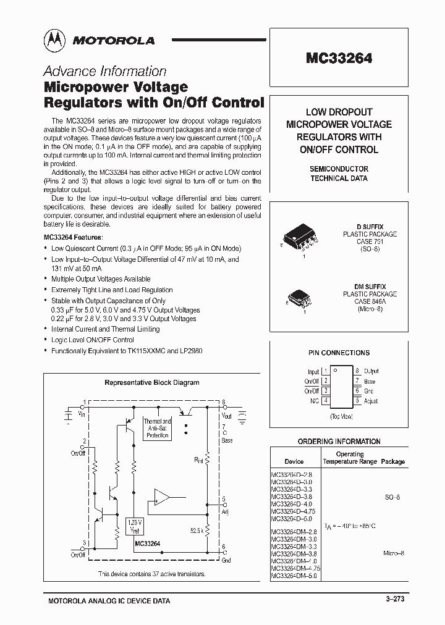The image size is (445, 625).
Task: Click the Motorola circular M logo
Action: pyautogui.click(x=54, y=40)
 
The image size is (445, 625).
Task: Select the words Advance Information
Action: pyautogui.click(x=104, y=71)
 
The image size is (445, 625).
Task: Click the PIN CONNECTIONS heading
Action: pyautogui.click(x=339, y=353)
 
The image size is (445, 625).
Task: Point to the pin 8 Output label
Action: pyautogui.click(x=371, y=371)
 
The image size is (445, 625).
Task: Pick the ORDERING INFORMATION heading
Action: pyautogui.click(x=339, y=442)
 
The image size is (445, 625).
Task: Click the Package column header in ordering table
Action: pyautogui.click(x=392, y=461)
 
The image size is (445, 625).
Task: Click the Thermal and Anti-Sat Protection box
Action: pyautogui.click(x=158, y=428)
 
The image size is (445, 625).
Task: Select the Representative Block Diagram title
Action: pyautogui.click(x=151, y=382)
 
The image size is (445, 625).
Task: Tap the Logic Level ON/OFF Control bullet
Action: pyautogui.click(x=93, y=340)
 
